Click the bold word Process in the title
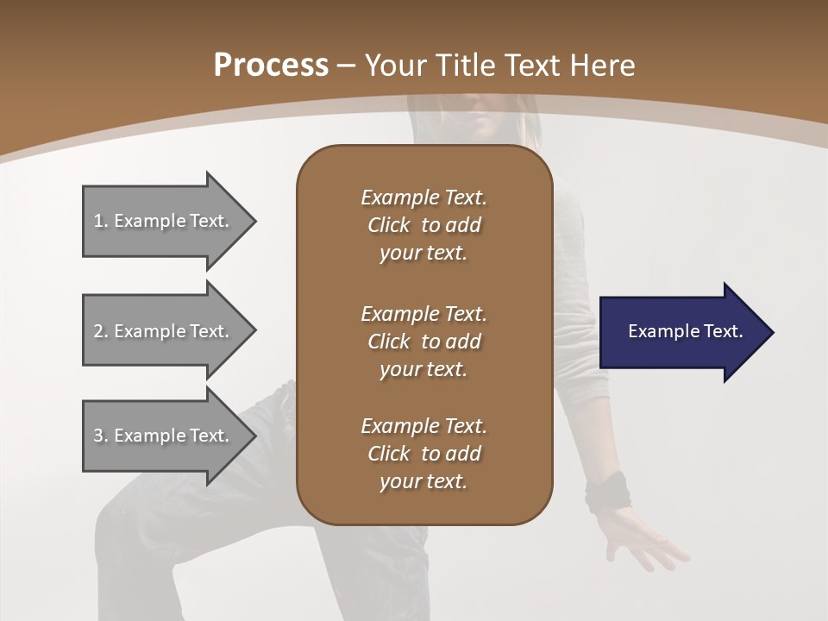tap(271, 66)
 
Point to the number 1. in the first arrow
tap(101, 221)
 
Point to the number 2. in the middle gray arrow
tap(101, 331)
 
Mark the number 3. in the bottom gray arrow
tap(101, 436)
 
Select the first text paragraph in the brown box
tap(423, 225)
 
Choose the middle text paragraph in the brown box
tap(423, 341)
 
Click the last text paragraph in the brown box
tap(423, 454)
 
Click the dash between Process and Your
tap(347, 66)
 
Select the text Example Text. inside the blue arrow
tap(686, 331)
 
